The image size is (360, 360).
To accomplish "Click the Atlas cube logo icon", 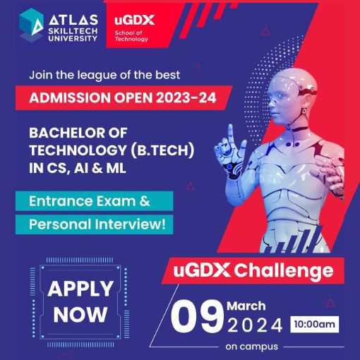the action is pos(31,25).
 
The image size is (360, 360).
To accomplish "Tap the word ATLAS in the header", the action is pos(73,20).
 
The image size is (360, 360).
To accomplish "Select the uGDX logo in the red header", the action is pos(134,20).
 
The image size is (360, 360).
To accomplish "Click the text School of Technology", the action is pos(131,36).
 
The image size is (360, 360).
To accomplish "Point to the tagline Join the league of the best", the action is pos(104,75).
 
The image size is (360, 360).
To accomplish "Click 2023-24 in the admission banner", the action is pos(186,97).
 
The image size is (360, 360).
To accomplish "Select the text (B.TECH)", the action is pos(162,150).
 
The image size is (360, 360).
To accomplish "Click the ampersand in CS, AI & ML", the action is pos(97,168).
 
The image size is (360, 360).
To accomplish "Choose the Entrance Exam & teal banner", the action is pos(95,201).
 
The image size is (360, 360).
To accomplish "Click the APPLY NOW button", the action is pos(80,302).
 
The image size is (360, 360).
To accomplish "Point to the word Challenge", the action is pos(284,270).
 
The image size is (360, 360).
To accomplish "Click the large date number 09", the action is pos(197,316).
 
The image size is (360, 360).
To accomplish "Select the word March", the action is pos(246,306).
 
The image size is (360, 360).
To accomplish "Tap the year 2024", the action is pos(255,325).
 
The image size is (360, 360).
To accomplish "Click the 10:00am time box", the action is pos(315,324).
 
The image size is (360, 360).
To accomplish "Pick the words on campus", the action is pos(252,347).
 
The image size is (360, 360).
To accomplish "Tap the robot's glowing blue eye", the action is pos(280,96).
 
